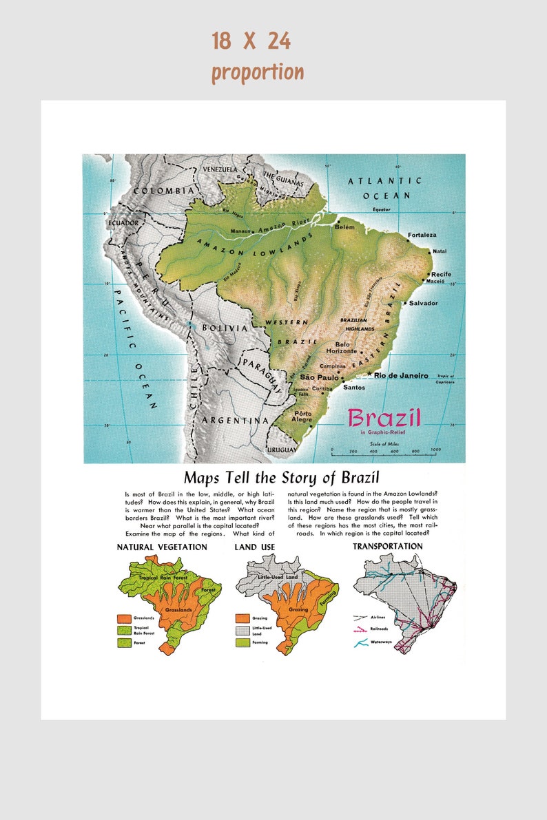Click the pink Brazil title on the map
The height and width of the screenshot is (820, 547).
(384, 417)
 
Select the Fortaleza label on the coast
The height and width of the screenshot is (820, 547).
(422, 235)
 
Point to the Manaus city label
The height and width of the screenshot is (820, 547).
(240, 230)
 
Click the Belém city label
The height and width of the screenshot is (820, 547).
(344, 226)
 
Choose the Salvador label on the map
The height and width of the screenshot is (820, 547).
(423, 303)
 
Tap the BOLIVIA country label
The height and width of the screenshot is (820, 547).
(225, 328)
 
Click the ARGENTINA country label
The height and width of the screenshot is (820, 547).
(236, 420)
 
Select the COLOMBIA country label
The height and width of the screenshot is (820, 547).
(164, 191)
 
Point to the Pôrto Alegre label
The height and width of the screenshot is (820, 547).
(302, 417)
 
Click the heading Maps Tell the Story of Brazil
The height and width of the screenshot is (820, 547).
(281, 477)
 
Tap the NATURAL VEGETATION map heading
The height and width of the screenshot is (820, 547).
(162, 547)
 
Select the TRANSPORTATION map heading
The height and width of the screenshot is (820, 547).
(388, 546)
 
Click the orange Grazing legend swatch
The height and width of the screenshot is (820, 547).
(242, 618)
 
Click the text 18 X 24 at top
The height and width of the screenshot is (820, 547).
(251, 41)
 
